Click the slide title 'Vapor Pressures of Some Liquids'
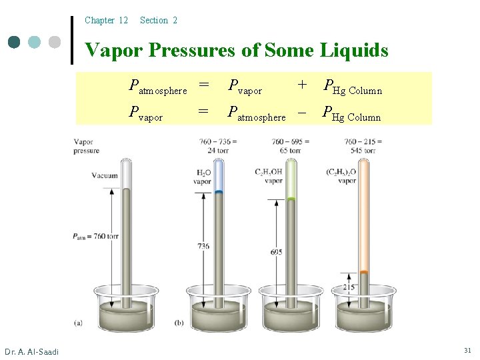tap(237, 50)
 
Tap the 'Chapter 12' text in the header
tap(106, 21)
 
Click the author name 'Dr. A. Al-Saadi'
tap(31, 351)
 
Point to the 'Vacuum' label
tap(104, 176)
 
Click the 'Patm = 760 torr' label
tap(96, 236)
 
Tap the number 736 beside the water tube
tap(203, 246)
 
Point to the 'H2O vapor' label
tap(203, 176)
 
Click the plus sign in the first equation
tap(303, 85)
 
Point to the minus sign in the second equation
tap(302, 112)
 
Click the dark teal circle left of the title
tap(15, 42)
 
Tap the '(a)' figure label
tap(78, 323)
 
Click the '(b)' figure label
tap(179, 323)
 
